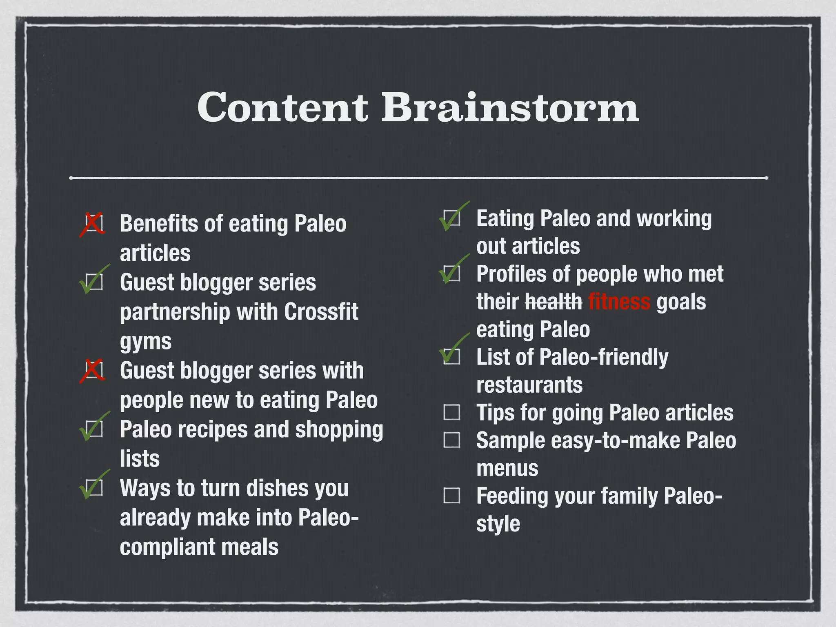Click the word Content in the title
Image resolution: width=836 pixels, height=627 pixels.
coord(282,107)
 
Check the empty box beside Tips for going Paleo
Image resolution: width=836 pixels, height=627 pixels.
coord(451,412)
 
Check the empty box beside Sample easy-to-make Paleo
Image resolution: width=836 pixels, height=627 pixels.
coord(451,440)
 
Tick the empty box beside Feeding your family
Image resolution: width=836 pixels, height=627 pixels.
coord(451,496)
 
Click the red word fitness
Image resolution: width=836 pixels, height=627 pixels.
coord(619,302)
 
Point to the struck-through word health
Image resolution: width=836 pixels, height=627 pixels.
coord(553,302)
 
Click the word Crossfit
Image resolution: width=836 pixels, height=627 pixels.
coord(321,312)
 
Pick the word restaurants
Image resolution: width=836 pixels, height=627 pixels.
coord(529,385)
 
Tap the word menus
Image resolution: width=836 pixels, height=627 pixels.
coord(507,468)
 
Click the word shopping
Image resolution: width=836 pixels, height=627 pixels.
coord(339,430)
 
